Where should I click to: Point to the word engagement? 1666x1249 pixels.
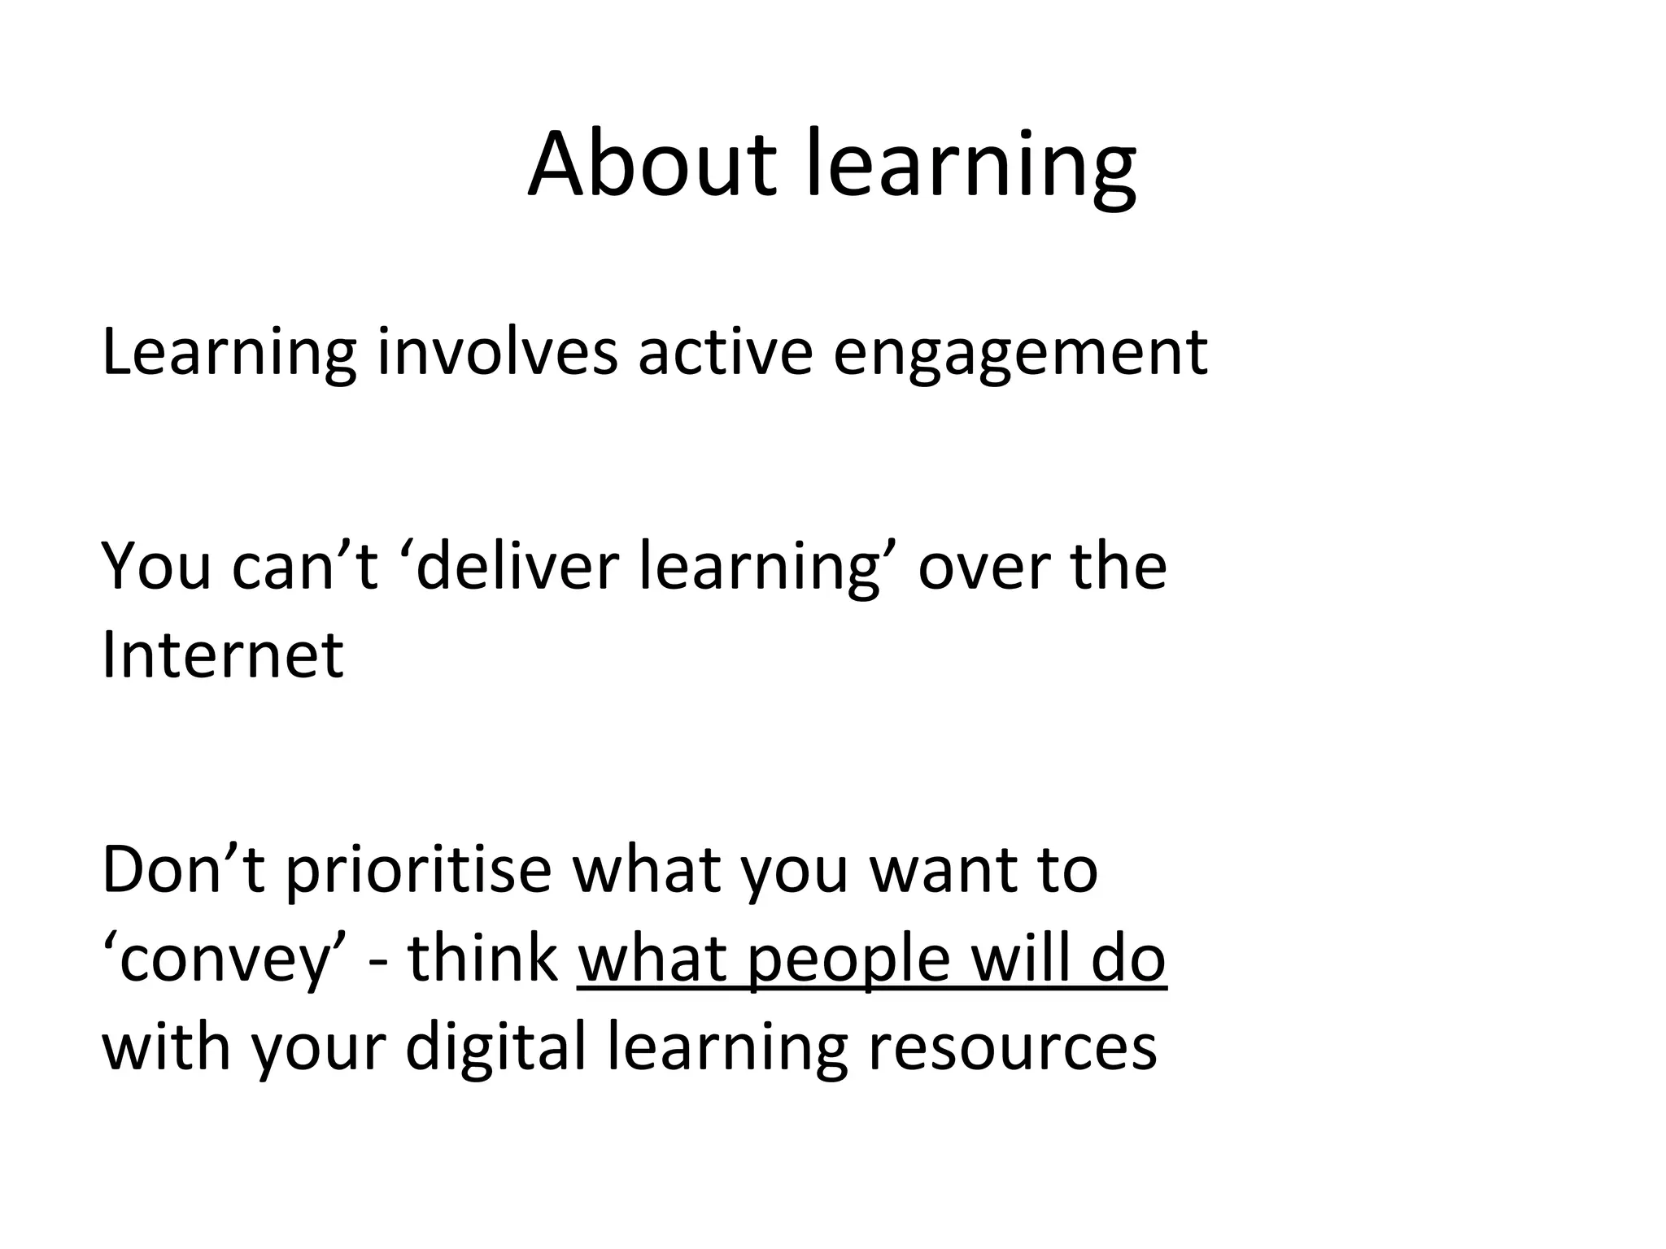click(1019, 355)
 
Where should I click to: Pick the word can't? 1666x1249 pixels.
click(304, 566)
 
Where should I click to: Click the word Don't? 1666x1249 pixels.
click(184, 870)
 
